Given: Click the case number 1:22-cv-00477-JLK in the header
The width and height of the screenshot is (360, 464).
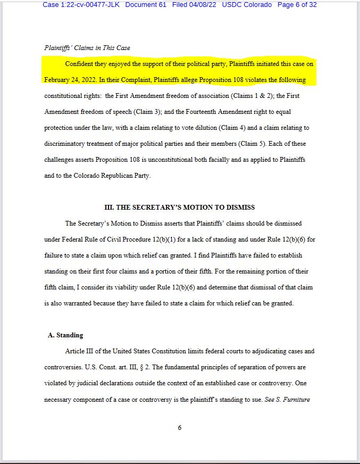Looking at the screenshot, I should tap(81, 5).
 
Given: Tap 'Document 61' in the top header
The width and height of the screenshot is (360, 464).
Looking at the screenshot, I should tap(146, 5).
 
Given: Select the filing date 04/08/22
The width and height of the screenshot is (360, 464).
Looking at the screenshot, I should tap(203, 5).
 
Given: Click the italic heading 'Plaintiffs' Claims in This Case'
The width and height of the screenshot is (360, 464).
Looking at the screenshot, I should tap(87, 48).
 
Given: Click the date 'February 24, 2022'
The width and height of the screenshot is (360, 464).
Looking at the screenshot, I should tap(70, 80).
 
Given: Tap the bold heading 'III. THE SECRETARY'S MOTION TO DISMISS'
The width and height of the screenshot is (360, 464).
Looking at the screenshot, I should tap(180, 208).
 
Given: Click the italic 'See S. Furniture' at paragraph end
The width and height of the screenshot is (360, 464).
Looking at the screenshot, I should tap(287, 400).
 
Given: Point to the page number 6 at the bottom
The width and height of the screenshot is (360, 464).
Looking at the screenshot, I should tap(180, 428).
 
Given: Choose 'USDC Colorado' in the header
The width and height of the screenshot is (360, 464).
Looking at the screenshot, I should tap(247, 5).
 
